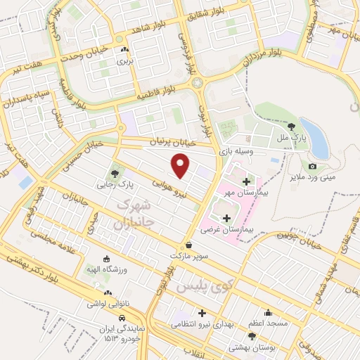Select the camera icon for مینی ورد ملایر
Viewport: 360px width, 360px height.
(312, 167)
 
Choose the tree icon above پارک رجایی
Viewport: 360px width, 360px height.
(115, 174)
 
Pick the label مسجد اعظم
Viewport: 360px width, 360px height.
(267, 323)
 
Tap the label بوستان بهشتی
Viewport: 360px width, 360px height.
(252, 348)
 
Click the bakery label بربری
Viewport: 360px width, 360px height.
(124, 61)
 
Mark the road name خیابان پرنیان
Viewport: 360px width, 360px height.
(171, 143)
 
